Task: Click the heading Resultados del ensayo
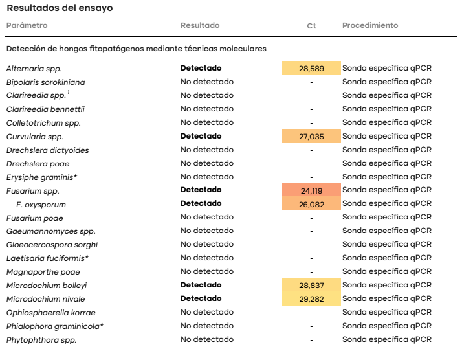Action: tap(60, 8)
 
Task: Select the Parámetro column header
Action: tap(27, 25)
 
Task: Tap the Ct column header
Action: tap(311, 26)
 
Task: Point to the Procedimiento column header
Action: tap(370, 25)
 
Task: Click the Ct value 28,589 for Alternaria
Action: tap(311, 69)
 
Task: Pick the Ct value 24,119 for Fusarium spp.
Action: tap(311, 191)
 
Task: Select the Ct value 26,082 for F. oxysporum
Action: tap(311, 205)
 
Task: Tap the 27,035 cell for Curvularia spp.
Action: tap(311, 137)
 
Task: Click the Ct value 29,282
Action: tap(311, 299)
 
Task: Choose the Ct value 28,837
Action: tap(311, 286)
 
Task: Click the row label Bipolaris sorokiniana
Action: tap(46, 82)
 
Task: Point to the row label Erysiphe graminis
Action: tap(42, 177)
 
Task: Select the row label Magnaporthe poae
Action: tap(43, 272)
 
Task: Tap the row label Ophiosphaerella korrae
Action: tap(51, 313)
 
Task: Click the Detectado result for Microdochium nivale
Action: tap(201, 298)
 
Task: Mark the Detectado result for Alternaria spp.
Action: tap(201, 68)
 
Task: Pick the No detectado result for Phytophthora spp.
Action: tap(207, 339)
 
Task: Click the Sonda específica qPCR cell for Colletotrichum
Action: tap(387, 122)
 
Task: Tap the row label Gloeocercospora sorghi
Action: tap(52, 245)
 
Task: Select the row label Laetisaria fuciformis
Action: tap(47, 258)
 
